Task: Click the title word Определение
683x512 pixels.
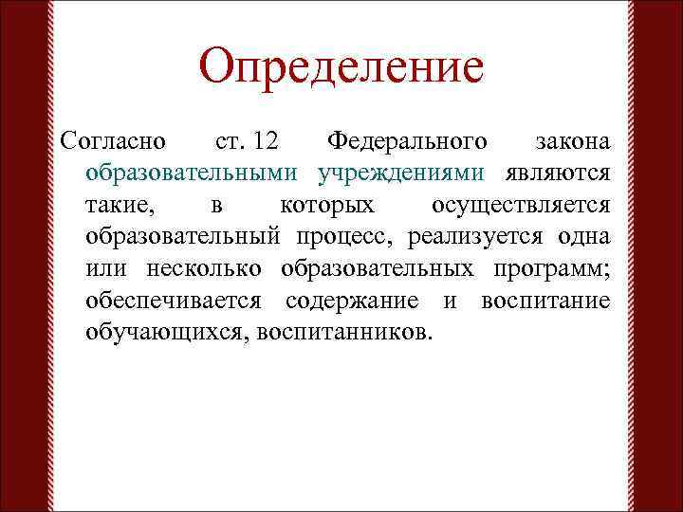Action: tap(341, 67)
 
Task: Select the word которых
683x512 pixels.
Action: tap(327, 207)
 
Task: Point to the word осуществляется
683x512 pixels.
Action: tap(520, 207)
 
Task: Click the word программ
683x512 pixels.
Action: tap(551, 269)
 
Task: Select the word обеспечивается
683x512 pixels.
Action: tap(179, 302)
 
